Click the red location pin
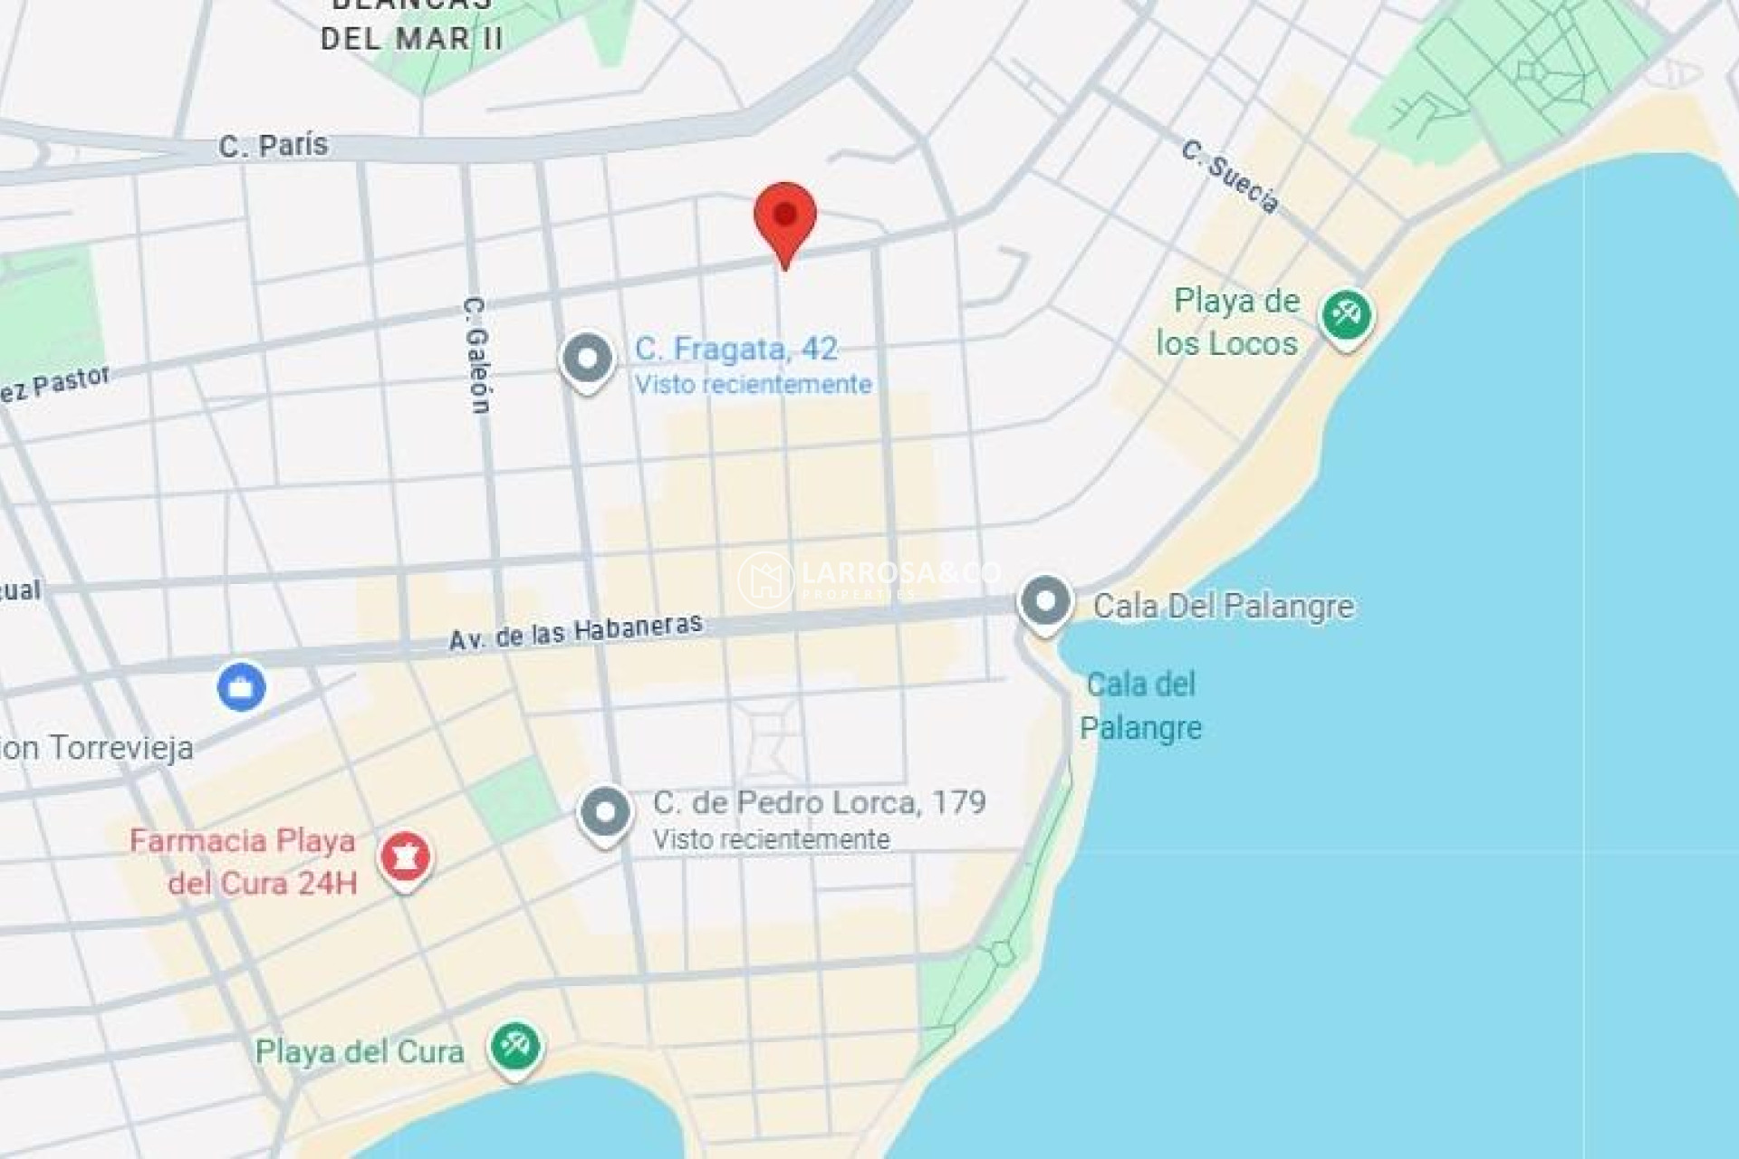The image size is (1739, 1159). click(785, 217)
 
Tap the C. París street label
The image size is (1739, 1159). click(273, 146)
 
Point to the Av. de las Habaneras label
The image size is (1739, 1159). click(576, 631)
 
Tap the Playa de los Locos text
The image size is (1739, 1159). click(1230, 322)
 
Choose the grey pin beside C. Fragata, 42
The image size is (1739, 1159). click(588, 359)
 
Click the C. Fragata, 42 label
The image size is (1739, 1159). click(735, 349)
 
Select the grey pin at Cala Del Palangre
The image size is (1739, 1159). click(1045, 600)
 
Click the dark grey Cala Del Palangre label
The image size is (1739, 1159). click(1223, 606)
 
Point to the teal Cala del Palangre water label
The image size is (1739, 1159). click(1140, 706)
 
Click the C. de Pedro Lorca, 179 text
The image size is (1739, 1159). click(819, 802)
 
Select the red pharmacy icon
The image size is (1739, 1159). click(405, 857)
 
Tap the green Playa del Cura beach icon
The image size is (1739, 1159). click(515, 1047)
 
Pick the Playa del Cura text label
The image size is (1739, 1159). click(360, 1052)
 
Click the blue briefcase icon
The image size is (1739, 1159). click(242, 687)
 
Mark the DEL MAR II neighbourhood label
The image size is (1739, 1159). click(412, 39)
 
